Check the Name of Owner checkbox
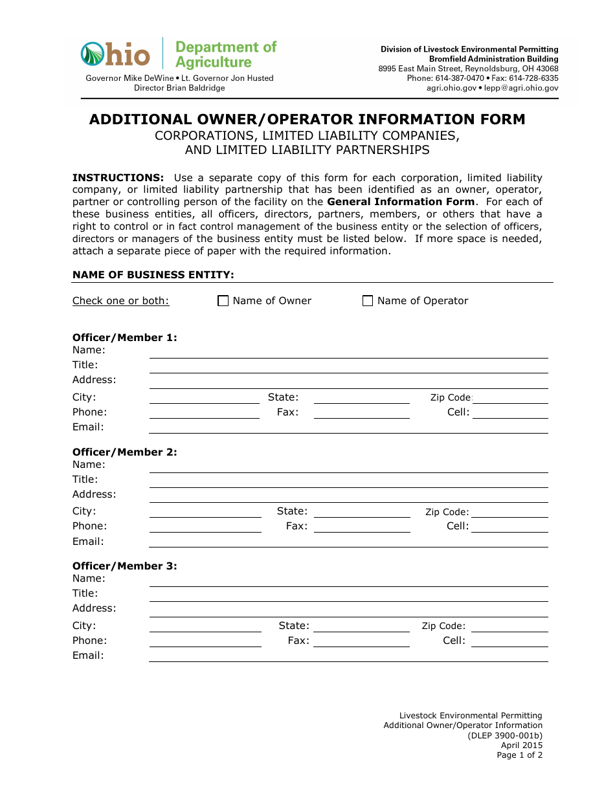coord(223,301)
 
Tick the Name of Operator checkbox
coord(368,301)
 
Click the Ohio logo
coord(115,54)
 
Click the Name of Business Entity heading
coord(153,275)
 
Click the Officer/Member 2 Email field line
coord(348,542)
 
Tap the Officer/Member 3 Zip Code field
coord(510,626)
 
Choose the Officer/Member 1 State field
coord(361,398)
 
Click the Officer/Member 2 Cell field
coord(510,527)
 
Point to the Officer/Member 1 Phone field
coord(205,413)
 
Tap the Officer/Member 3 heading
coord(124,566)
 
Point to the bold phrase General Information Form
coord(401,202)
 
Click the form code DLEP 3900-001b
coord(505,735)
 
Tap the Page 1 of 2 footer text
coord(519,755)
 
